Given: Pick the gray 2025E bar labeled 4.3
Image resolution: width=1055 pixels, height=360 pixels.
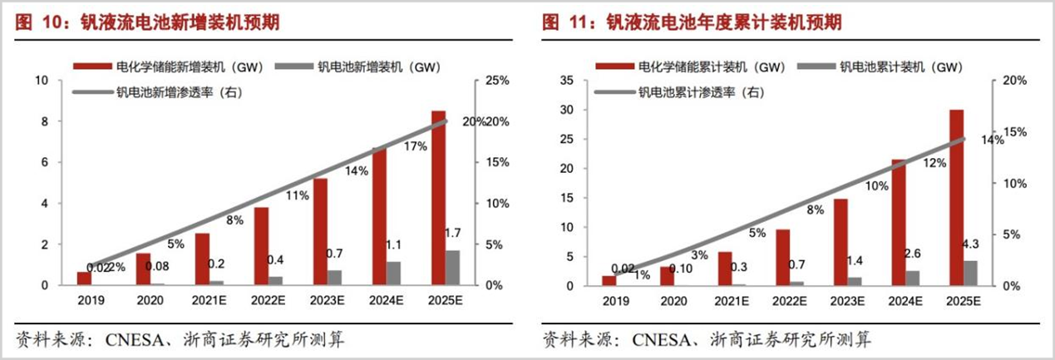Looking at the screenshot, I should [x=970, y=274].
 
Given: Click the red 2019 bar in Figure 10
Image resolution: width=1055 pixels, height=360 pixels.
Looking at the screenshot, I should [x=82, y=279].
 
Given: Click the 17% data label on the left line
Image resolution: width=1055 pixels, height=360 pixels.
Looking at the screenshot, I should [x=415, y=146].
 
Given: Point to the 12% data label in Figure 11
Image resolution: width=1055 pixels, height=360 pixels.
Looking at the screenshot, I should [x=934, y=163].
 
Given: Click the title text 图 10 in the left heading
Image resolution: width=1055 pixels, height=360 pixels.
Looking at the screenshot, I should [x=33, y=22].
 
